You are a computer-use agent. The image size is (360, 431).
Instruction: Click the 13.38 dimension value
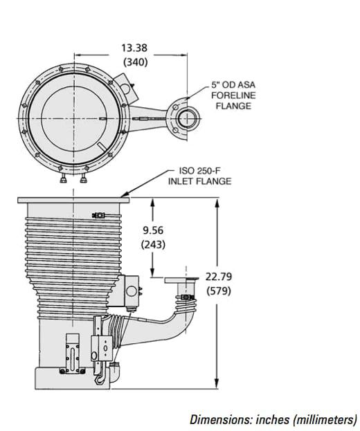click(x=134, y=48)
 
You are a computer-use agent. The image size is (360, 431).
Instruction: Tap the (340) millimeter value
click(x=135, y=62)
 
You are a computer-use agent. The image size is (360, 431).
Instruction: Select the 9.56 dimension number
click(x=153, y=230)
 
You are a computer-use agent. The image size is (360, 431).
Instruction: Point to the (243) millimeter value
click(x=153, y=244)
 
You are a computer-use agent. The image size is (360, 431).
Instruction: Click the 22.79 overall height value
click(x=219, y=277)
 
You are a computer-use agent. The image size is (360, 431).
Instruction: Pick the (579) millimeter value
click(x=219, y=291)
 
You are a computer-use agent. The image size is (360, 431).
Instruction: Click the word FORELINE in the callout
click(x=233, y=95)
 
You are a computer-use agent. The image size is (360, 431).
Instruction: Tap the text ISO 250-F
click(x=200, y=171)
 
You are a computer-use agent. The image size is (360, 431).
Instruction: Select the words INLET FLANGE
click(x=200, y=181)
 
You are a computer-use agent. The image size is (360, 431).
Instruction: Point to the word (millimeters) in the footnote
click(x=325, y=420)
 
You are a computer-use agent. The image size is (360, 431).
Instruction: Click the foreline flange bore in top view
click(x=187, y=118)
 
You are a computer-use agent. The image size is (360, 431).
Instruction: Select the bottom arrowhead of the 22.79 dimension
click(x=217, y=383)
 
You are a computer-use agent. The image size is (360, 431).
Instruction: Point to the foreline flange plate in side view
click(x=181, y=280)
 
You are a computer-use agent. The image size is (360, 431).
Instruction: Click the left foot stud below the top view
click(x=64, y=179)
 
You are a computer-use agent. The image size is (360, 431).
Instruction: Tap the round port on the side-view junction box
click(x=132, y=291)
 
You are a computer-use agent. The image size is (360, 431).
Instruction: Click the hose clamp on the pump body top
click(x=98, y=215)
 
